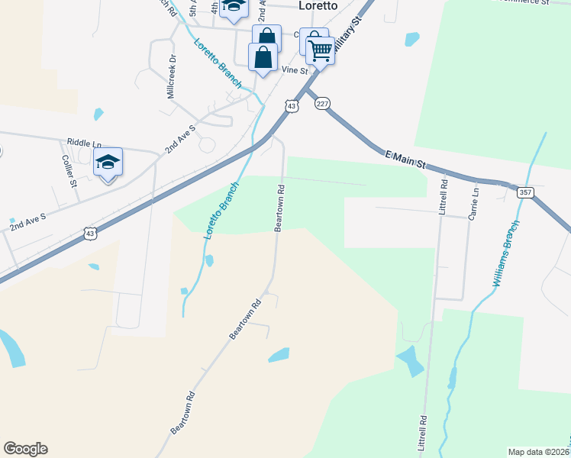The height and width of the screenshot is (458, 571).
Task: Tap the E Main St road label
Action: coord(405,160)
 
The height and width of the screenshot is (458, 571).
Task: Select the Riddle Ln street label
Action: coord(84,143)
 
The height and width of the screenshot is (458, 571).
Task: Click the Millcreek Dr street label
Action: coord(172,76)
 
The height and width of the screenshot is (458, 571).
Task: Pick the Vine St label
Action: coord(294,70)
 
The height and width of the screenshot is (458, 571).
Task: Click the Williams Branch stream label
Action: coord(505,253)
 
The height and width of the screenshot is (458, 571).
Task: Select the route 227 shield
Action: coord(322,104)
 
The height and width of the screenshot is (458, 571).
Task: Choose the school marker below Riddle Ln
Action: coord(108,162)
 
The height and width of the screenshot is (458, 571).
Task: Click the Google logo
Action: coord(26,449)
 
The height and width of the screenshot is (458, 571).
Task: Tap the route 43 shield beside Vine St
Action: coord(291,106)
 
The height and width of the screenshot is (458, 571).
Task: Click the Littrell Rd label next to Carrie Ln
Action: coord(442,195)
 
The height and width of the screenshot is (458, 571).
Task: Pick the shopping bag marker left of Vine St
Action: coord(263,57)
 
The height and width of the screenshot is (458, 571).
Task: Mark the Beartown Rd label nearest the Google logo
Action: coord(183,413)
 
